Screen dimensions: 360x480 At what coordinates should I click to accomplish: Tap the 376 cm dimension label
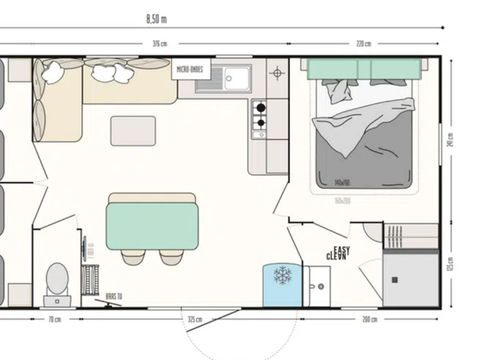pyautogui.click(x=158, y=44)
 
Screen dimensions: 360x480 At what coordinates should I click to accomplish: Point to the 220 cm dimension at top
pyautogui.click(x=365, y=44)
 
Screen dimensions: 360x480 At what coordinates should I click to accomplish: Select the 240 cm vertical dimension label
pyautogui.click(x=451, y=141)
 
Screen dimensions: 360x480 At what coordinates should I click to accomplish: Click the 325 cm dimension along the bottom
pyautogui.click(x=196, y=320)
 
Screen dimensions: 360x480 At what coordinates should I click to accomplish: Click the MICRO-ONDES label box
pyautogui.click(x=192, y=71)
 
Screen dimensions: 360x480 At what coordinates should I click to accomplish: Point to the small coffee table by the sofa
pyautogui.click(x=133, y=131)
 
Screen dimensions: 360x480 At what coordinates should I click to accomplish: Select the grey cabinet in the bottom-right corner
pyautogui.click(x=411, y=276)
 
